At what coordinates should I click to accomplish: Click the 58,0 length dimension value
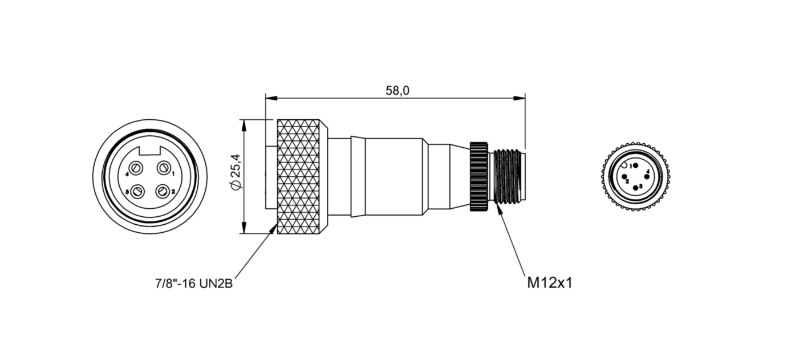pos(397,90)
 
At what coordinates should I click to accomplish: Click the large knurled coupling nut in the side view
pos(302,177)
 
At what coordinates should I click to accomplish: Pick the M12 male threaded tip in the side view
pos(508,177)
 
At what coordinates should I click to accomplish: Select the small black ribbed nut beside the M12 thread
pos(478,177)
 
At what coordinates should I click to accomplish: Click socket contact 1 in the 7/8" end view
pos(164,168)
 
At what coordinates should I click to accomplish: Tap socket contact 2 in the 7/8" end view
pos(164,191)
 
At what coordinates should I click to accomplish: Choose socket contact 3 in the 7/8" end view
pos(137,192)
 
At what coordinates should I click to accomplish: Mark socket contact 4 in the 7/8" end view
pos(137,168)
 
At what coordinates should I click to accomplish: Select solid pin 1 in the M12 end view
pos(635,165)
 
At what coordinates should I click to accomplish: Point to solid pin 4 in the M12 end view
pos(646,176)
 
